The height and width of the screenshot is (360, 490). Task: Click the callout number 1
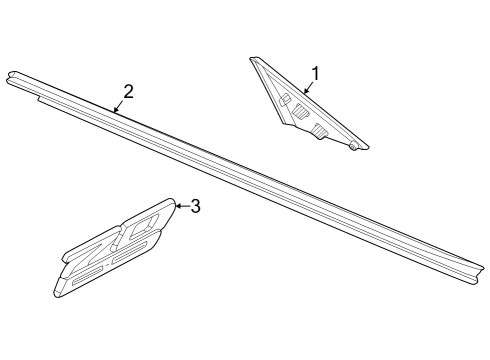point(316,73)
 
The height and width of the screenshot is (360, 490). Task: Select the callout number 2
point(128,92)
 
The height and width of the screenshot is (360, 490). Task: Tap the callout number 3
point(195,207)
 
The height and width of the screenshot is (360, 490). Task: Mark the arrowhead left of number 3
point(177,206)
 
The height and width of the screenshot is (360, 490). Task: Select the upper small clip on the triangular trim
point(285,99)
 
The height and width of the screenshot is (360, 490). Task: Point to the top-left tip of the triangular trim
point(254,60)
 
